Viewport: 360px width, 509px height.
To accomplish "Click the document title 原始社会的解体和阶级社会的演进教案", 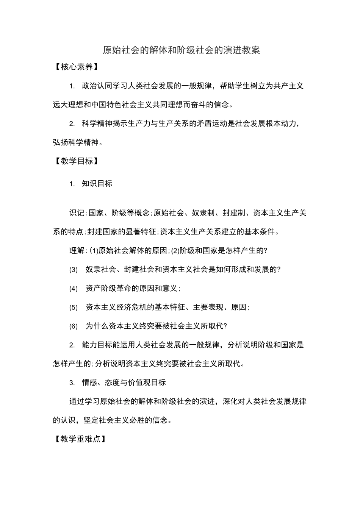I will [x=182, y=50].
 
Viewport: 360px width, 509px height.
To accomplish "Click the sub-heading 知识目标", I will [x=97, y=184].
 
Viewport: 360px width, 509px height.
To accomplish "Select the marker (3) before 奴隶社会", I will [x=74, y=270].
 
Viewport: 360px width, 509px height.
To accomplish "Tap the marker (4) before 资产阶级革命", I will [x=74, y=289].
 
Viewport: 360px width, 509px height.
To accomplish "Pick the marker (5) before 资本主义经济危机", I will [x=74, y=308].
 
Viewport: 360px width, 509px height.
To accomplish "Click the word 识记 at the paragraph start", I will [x=77, y=213].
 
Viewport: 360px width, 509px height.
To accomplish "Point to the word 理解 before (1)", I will [x=77, y=251].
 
